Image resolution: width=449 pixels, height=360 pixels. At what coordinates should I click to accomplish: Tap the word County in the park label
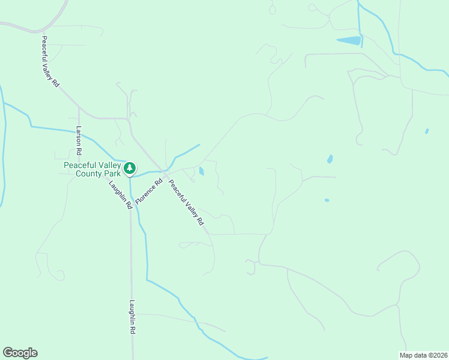89,174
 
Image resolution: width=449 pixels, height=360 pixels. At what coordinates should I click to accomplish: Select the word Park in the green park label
112,174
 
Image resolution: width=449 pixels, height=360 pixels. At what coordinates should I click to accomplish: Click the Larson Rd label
78,139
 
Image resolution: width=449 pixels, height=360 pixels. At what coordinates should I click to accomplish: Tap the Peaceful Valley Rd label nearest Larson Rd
50,62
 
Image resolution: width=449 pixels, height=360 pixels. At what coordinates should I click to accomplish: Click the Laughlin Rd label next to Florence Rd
120,194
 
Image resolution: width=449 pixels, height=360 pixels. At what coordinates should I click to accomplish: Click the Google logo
20,353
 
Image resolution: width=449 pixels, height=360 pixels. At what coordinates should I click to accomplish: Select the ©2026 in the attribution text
438,355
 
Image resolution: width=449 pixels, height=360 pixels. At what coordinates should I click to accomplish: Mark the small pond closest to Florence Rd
201,171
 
